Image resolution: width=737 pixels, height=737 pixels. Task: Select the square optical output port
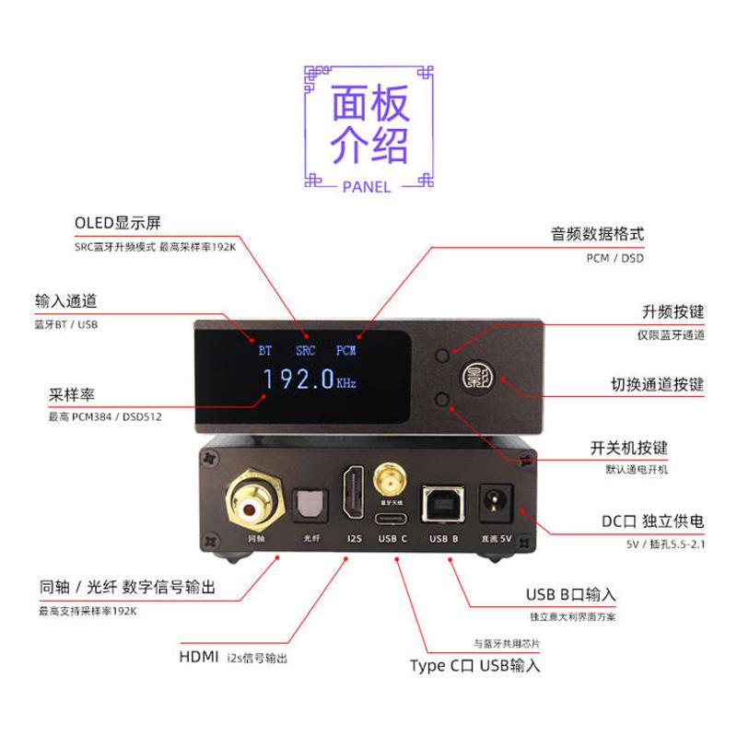[x=304, y=503]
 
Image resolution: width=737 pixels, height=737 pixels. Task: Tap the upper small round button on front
[x=444, y=354]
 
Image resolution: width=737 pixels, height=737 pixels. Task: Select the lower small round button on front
[x=444, y=399]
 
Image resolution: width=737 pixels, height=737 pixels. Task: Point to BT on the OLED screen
[x=265, y=351]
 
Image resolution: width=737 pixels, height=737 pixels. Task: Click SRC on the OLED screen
[x=305, y=351]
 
